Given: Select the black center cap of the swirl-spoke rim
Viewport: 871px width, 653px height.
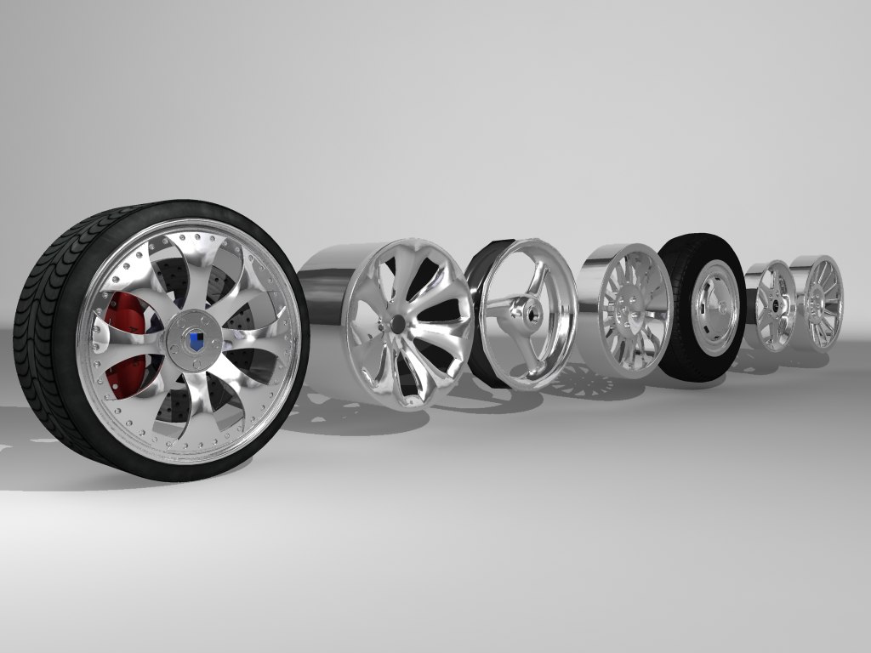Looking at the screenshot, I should pos(397,324).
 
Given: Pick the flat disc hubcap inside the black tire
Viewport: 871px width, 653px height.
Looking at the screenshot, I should pos(713,309).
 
